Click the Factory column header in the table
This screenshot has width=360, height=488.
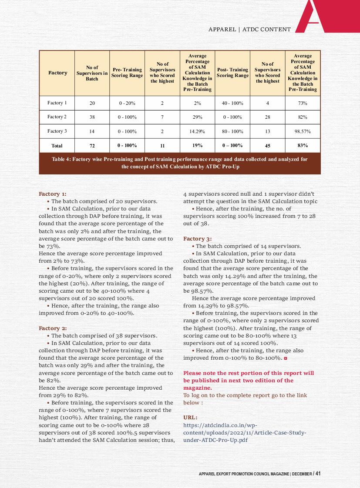click(57, 73)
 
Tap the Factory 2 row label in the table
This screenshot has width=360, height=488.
click(57, 117)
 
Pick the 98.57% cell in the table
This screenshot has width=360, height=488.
click(303, 131)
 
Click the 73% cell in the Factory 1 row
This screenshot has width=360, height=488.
click(303, 103)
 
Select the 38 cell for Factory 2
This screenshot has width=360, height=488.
click(92, 117)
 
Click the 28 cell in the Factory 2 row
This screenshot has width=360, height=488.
click(267, 117)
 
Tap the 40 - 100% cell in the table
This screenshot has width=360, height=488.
click(232, 103)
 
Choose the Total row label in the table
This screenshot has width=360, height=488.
click(57, 146)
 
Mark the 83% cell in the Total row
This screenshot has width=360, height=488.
click(303, 145)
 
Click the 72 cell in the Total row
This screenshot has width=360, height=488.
click(92, 146)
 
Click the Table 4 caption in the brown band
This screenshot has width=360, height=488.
click(180, 163)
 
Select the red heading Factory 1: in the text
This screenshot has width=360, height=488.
click(53, 194)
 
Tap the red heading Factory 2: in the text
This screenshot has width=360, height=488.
click(53, 328)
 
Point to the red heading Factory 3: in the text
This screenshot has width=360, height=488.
click(198, 239)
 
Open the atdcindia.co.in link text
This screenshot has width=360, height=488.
click(245, 432)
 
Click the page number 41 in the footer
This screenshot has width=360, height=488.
click(318, 473)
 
